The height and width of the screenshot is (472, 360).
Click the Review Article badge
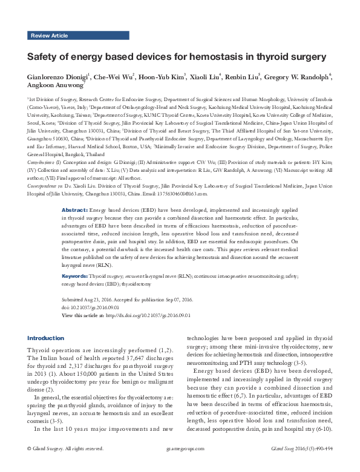[x=49, y=36]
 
